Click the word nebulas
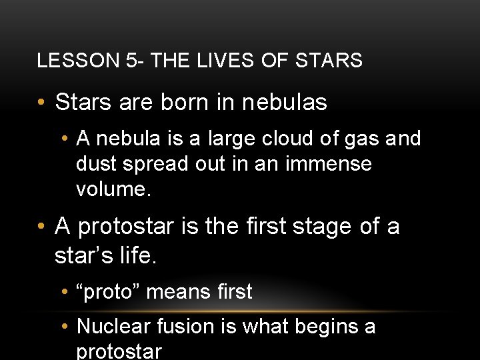click(284, 103)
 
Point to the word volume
click(111, 189)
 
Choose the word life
click(135, 256)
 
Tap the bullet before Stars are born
click(41, 103)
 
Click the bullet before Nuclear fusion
click(63, 327)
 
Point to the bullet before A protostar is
click(41, 227)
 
